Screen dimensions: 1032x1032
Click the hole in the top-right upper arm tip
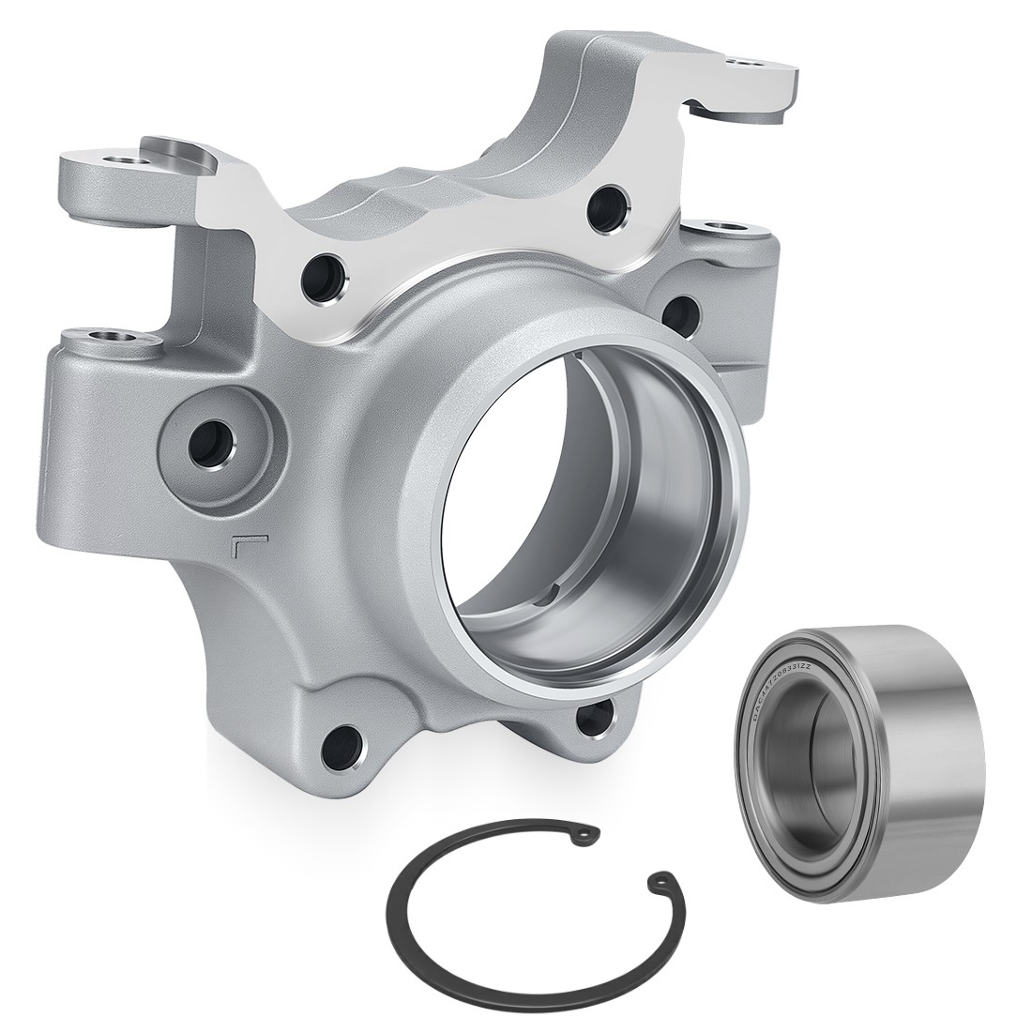746,64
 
